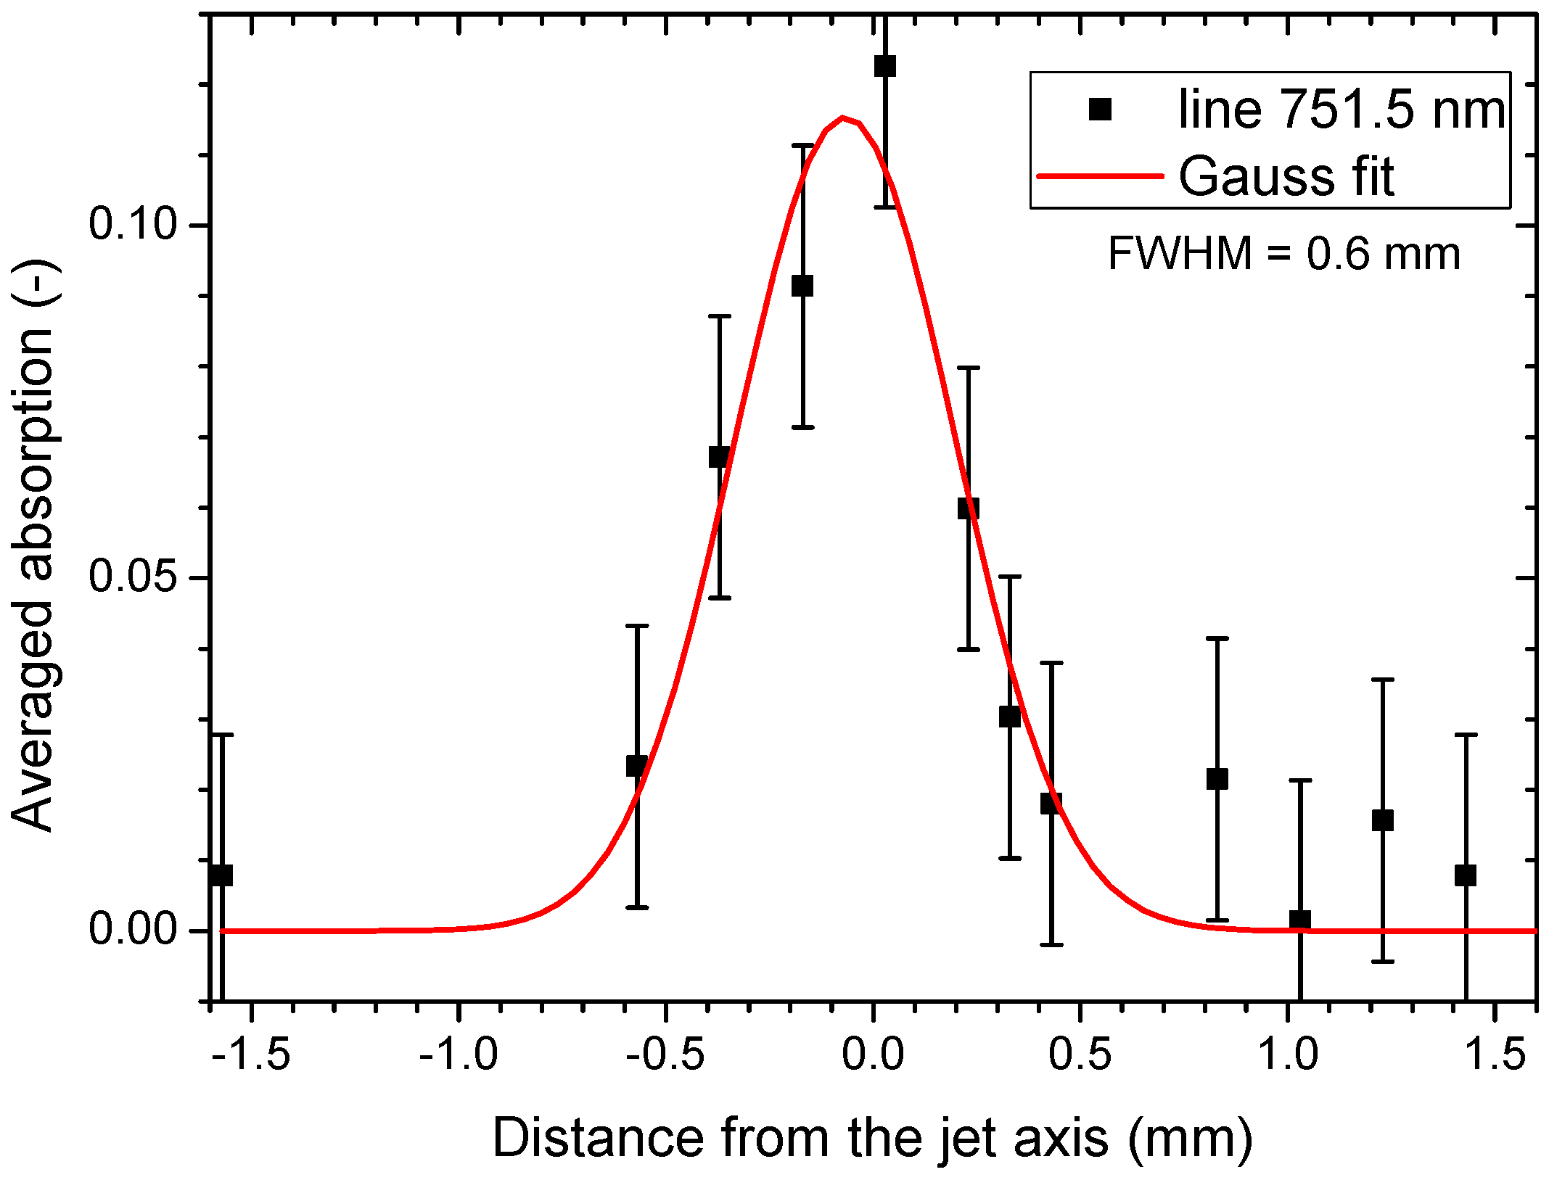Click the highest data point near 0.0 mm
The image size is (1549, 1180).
click(x=884, y=66)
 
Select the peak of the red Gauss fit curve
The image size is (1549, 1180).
click(x=842, y=118)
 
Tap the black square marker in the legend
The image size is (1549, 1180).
click(x=1100, y=110)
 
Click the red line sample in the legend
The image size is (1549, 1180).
click(x=1099, y=176)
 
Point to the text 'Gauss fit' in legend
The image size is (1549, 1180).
click(x=1286, y=176)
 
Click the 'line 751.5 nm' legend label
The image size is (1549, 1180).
click(x=1341, y=110)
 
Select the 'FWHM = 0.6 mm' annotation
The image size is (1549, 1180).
click(x=1283, y=254)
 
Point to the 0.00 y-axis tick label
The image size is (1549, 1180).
click(x=133, y=929)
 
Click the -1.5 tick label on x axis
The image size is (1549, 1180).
click(x=251, y=1054)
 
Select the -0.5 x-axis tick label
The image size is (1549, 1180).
click(x=665, y=1054)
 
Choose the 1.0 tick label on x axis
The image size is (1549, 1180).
click(x=1287, y=1054)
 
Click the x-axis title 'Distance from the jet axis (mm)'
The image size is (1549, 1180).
click(x=872, y=1138)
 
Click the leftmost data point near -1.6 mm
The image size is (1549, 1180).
click(x=221, y=875)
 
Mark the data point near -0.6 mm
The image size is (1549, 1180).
click(x=636, y=766)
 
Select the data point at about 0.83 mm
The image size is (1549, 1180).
click(x=1217, y=779)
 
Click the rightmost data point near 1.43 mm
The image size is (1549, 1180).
click(x=1465, y=875)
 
